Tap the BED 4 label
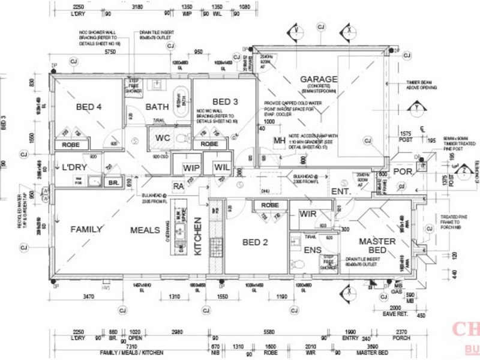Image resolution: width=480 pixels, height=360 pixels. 89,107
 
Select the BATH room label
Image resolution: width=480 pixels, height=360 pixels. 157,107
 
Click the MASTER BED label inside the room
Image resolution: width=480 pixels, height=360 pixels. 377,245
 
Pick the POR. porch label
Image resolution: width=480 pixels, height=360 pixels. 403,172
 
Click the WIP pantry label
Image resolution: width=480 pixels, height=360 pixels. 191,167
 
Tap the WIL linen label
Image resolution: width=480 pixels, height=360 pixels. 221,167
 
